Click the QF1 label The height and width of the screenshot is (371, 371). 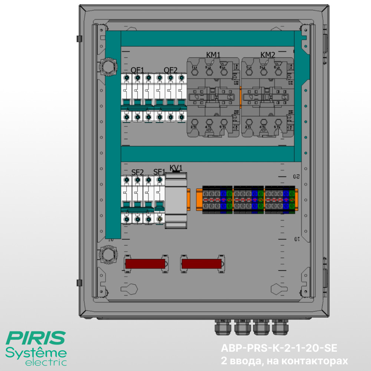[x=137, y=69]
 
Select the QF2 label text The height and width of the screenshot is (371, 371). [x=171, y=69]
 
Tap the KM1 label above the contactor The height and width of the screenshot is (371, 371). [x=213, y=55]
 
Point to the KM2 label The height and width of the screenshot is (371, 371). [x=268, y=55]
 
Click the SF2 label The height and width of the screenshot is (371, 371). [x=137, y=172]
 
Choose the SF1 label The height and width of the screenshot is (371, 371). [x=159, y=172]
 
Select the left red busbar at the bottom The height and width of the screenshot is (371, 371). [x=145, y=264]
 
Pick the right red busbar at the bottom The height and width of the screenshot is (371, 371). [x=201, y=264]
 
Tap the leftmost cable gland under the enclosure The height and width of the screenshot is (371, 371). [x=221, y=326]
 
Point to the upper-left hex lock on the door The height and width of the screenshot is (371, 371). [x=107, y=67]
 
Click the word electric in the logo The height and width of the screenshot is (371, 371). [x=46, y=362]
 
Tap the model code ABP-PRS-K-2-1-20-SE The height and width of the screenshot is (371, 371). [x=279, y=348]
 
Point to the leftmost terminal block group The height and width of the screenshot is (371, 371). [x=217, y=200]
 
